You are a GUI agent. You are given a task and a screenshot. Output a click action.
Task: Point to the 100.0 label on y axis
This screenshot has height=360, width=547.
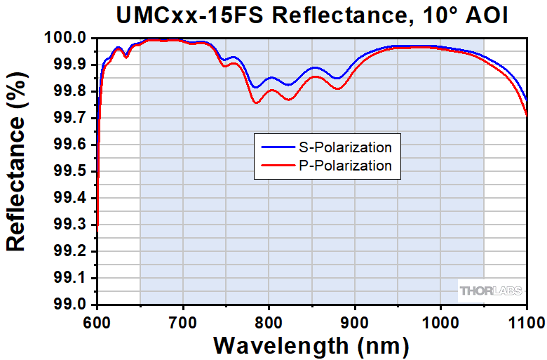pos(67,38)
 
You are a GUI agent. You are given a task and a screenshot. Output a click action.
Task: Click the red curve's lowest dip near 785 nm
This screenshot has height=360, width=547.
pos(256,103)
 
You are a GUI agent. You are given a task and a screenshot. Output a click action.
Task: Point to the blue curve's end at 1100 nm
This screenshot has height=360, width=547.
pos(526,100)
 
